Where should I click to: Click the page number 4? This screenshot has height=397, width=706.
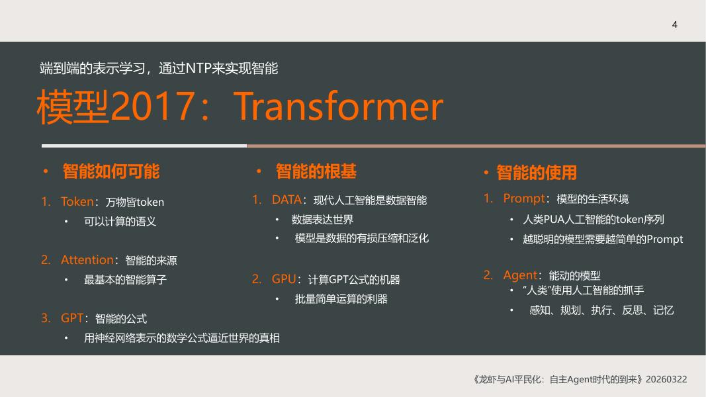(x=674, y=24)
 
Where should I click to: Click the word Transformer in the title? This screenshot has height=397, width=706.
(x=338, y=107)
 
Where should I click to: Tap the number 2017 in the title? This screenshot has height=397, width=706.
(x=154, y=106)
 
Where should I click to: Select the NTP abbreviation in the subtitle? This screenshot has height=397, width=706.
(x=198, y=68)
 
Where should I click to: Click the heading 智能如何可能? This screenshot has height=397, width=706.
(x=111, y=171)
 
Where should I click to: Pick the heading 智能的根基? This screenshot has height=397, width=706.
(x=316, y=171)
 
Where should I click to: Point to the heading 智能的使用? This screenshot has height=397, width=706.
(x=536, y=173)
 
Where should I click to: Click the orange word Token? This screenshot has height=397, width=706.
(x=77, y=202)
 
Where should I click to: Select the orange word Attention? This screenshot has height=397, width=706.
(x=87, y=260)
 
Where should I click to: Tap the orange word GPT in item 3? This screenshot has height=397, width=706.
(x=71, y=318)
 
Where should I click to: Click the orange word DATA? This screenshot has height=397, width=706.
(x=287, y=200)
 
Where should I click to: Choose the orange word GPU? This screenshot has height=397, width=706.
(x=284, y=279)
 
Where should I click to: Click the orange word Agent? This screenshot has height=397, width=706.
(x=520, y=275)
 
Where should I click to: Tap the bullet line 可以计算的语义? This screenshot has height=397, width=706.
(x=120, y=222)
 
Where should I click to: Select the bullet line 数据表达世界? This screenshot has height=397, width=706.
(x=322, y=220)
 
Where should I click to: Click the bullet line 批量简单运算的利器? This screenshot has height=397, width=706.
(x=341, y=299)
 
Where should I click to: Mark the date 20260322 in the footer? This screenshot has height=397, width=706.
(x=666, y=379)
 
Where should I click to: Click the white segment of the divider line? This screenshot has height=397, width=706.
(x=144, y=146)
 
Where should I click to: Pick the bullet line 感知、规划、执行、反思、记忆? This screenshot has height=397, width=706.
(x=601, y=310)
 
